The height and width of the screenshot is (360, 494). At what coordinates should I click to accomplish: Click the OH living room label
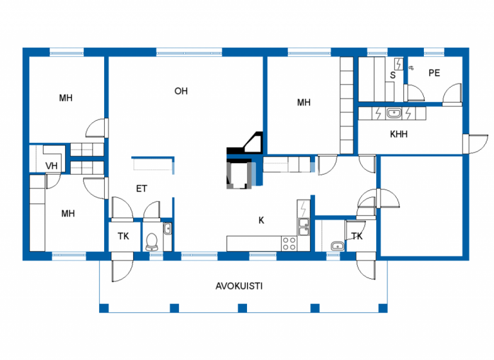coord(181,91)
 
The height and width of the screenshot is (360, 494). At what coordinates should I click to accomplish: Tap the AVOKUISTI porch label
coord(239,286)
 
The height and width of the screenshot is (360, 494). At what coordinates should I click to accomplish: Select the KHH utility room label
coord(399,135)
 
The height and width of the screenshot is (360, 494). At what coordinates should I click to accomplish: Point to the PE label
coord(434,73)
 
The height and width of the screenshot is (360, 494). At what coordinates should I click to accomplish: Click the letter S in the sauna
coord(392,75)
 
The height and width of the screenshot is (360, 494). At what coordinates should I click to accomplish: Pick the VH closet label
coord(51,166)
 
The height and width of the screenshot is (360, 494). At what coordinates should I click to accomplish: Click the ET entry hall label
coord(142,188)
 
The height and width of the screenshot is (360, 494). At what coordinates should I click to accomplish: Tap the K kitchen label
coord(261,220)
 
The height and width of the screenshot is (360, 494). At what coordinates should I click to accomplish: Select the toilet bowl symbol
coord(152,241)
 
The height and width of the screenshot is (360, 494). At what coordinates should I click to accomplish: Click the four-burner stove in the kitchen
coord(289,243)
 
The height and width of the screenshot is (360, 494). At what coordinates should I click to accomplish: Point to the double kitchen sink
coord(302,226)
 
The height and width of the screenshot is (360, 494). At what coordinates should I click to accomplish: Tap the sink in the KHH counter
coord(393,114)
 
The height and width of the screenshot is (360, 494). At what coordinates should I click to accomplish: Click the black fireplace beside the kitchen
coord(241,170)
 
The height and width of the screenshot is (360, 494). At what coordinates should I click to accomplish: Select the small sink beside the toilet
coord(167,228)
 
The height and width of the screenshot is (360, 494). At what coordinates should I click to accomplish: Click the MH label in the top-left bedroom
coord(66,98)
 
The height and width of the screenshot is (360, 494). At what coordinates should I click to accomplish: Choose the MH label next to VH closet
coord(68,213)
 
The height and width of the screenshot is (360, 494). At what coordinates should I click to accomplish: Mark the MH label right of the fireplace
coord(304,102)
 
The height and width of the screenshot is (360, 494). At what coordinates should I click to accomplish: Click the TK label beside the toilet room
coord(123,237)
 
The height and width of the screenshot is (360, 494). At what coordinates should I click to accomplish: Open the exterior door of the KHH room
coord(476,144)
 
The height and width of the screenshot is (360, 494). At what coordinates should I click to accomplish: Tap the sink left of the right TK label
coord(336,245)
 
